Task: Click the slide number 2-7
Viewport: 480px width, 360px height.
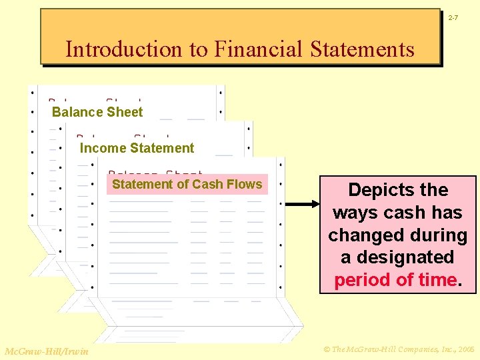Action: point(453,17)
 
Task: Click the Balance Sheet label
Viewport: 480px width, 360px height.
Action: point(97,112)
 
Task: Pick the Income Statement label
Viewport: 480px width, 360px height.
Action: point(137,148)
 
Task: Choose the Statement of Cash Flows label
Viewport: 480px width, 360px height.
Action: point(187,184)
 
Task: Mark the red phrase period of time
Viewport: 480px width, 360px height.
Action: point(396,280)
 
